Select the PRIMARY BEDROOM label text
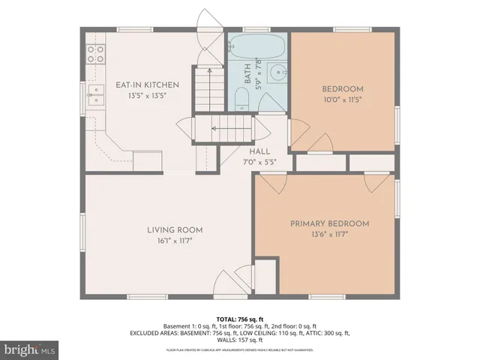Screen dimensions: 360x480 point(330,223)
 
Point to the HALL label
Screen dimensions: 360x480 point(260,151)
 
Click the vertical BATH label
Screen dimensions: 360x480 point(247,72)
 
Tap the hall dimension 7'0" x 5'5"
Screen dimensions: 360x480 point(260,161)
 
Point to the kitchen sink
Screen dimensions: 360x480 point(95,93)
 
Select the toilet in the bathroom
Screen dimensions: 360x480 point(241,99)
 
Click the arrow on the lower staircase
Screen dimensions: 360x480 point(215,129)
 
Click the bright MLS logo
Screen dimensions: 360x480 point(30,349)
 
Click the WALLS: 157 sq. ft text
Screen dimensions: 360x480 point(240,340)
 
